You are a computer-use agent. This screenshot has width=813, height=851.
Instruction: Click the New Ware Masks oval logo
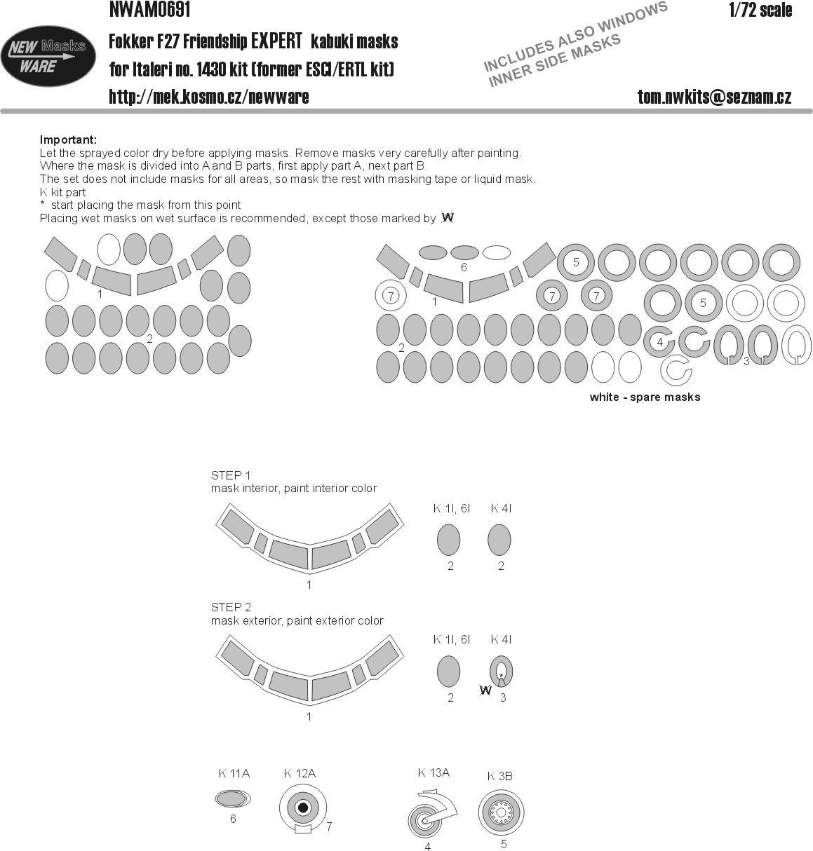[48, 56]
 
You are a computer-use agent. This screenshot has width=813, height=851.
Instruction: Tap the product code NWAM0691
[149, 9]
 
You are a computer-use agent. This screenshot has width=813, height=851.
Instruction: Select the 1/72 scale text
[760, 10]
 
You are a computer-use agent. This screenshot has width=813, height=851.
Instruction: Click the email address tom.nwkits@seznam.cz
[714, 97]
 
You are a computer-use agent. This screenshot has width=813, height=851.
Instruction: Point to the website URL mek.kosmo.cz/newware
[209, 97]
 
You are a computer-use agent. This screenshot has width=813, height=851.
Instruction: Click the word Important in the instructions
[68, 140]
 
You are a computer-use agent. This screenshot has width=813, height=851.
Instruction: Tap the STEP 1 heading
[231, 475]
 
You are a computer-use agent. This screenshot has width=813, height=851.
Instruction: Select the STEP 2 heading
[231, 608]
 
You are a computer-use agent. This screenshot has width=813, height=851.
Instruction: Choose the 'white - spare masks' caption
[645, 397]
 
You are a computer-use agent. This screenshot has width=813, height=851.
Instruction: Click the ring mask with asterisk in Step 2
[501, 672]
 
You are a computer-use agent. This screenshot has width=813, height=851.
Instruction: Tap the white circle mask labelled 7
[391, 296]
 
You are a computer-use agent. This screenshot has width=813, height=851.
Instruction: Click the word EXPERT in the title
[276, 41]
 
